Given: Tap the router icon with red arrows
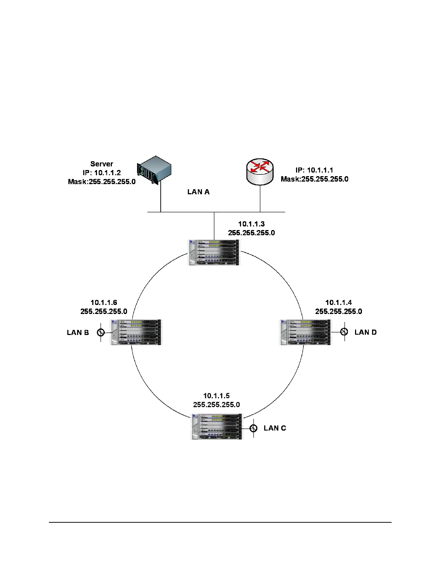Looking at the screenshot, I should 260,171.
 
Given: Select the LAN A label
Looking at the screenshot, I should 198,192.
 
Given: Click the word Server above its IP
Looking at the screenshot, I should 102,164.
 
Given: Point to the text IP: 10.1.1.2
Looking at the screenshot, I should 102,173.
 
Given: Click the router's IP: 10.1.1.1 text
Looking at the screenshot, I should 314,170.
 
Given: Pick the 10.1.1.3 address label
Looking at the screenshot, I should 251,224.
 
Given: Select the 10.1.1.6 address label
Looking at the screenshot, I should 104,302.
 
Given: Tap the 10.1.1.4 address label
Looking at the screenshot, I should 338,302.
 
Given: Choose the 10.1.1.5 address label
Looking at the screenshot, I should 216,396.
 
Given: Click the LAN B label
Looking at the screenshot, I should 78,332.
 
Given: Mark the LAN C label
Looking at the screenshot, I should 275,428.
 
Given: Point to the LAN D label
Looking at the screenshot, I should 366,332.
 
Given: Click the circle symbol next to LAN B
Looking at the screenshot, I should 101,332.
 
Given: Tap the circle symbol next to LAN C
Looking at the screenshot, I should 254,428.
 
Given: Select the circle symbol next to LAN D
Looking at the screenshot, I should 344,332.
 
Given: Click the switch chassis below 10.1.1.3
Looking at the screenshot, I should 214,252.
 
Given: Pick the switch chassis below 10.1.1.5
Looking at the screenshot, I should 216,426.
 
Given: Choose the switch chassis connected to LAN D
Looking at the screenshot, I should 306,332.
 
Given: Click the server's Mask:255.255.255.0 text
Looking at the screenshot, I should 102,182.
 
